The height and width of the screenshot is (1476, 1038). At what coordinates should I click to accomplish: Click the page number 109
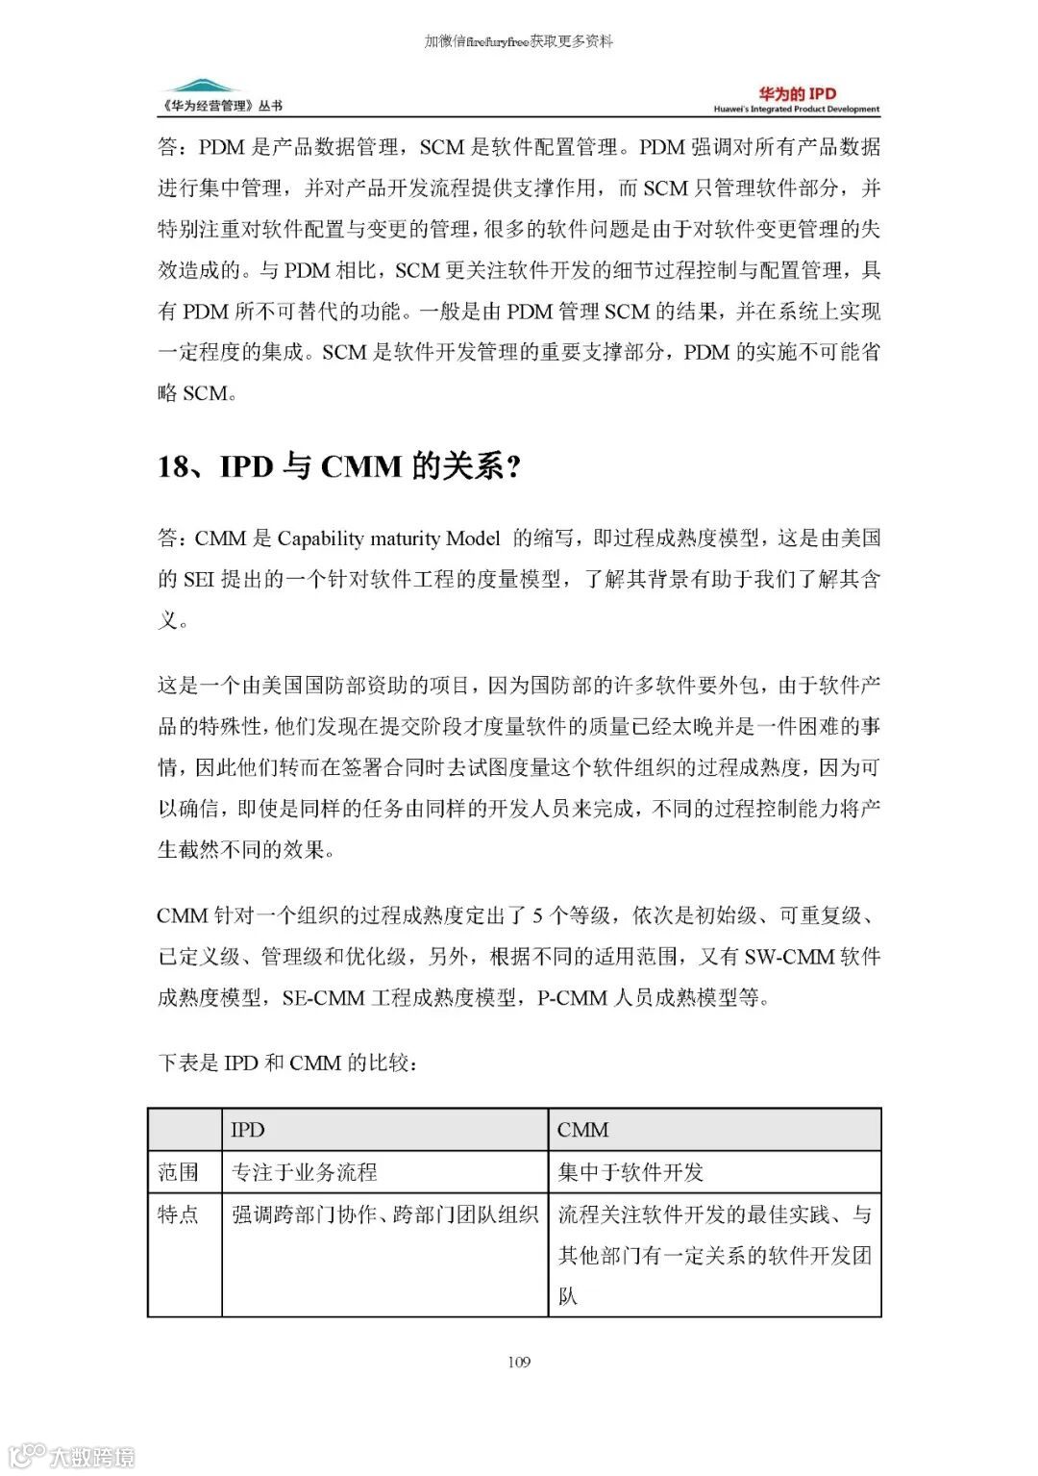(519, 1362)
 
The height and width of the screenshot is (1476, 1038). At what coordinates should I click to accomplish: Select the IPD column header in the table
(248, 1130)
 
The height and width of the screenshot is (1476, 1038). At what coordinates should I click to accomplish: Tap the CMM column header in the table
(582, 1130)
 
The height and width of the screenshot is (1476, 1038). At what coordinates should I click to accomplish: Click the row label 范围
(179, 1172)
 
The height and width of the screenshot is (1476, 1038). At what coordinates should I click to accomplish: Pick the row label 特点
(179, 1214)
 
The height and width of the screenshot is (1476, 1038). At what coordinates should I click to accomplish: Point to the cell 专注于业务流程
(305, 1172)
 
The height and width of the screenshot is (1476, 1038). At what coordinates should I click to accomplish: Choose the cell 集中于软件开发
(630, 1172)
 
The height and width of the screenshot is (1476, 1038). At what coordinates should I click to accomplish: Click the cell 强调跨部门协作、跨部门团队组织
(384, 1214)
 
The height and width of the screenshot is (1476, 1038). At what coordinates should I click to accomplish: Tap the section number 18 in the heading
(174, 466)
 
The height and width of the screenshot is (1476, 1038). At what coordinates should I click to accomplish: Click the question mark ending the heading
(513, 466)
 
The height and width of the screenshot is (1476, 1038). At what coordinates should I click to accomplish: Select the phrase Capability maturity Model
(388, 538)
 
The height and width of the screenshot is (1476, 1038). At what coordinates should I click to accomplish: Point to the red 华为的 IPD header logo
(797, 93)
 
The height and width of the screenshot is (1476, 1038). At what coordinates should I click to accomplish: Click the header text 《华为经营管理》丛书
(222, 106)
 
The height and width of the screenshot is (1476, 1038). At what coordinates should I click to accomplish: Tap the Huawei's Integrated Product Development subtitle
(796, 110)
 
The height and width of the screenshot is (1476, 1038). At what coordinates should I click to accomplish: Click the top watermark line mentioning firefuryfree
(519, 41)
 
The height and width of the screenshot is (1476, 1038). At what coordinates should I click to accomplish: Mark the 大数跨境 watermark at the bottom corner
(72, 1455)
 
